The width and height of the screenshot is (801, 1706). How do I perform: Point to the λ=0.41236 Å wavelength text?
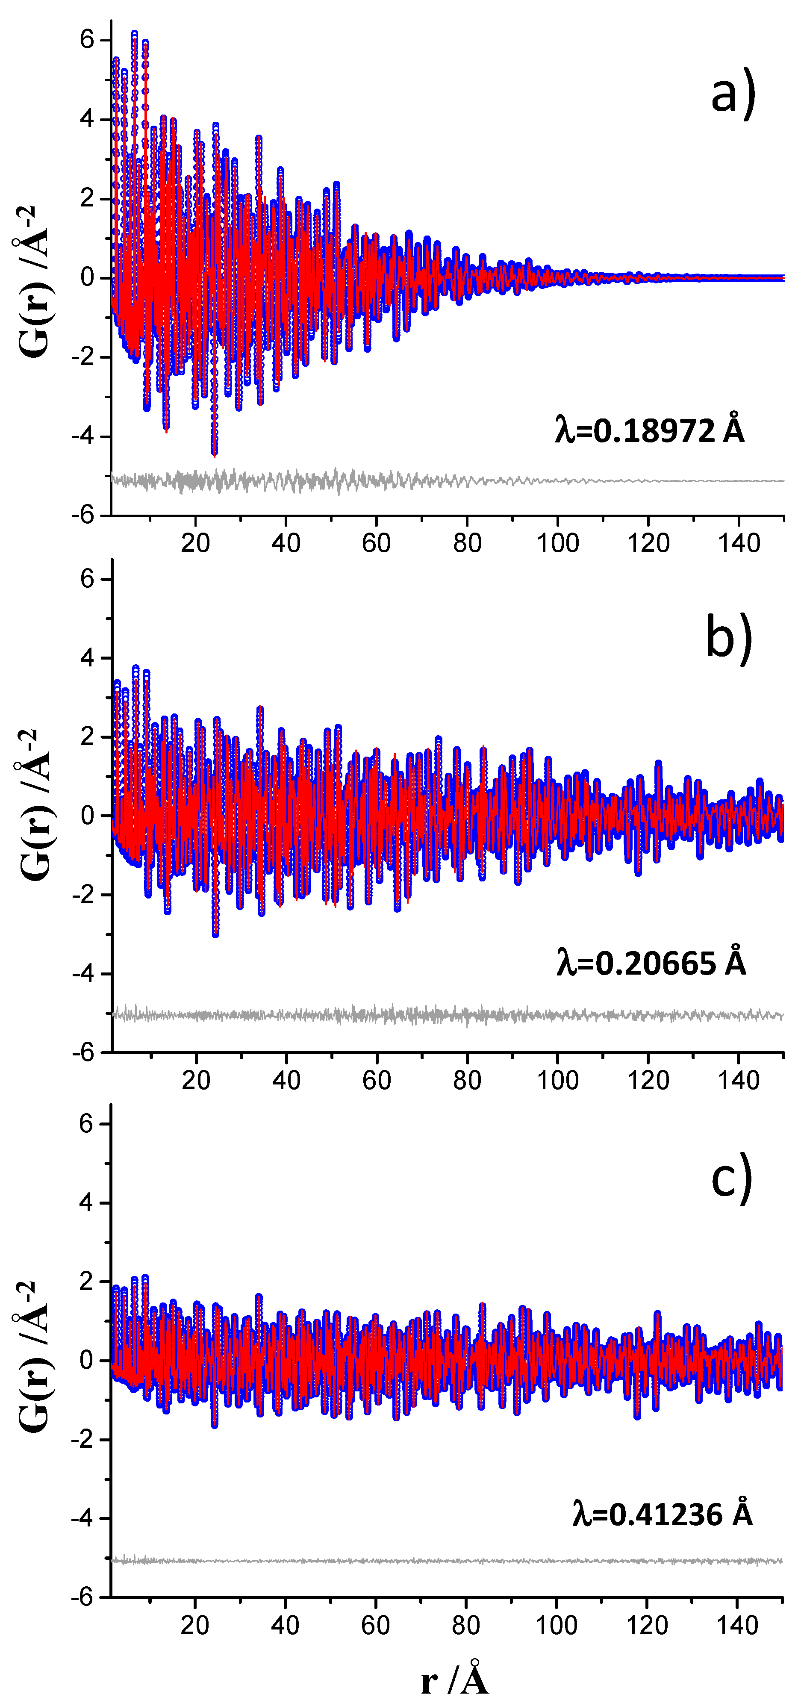[662, 1514]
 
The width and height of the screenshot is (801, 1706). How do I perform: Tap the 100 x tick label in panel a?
[557, 543]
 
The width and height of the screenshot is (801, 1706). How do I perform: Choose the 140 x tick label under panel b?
[739, 1081]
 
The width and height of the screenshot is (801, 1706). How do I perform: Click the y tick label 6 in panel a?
[87, 40]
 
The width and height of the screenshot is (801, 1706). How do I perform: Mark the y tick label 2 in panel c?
[87, 1282]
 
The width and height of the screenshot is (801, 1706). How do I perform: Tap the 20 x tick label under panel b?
[196, 1081]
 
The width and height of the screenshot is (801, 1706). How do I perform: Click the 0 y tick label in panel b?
[87, 816]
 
